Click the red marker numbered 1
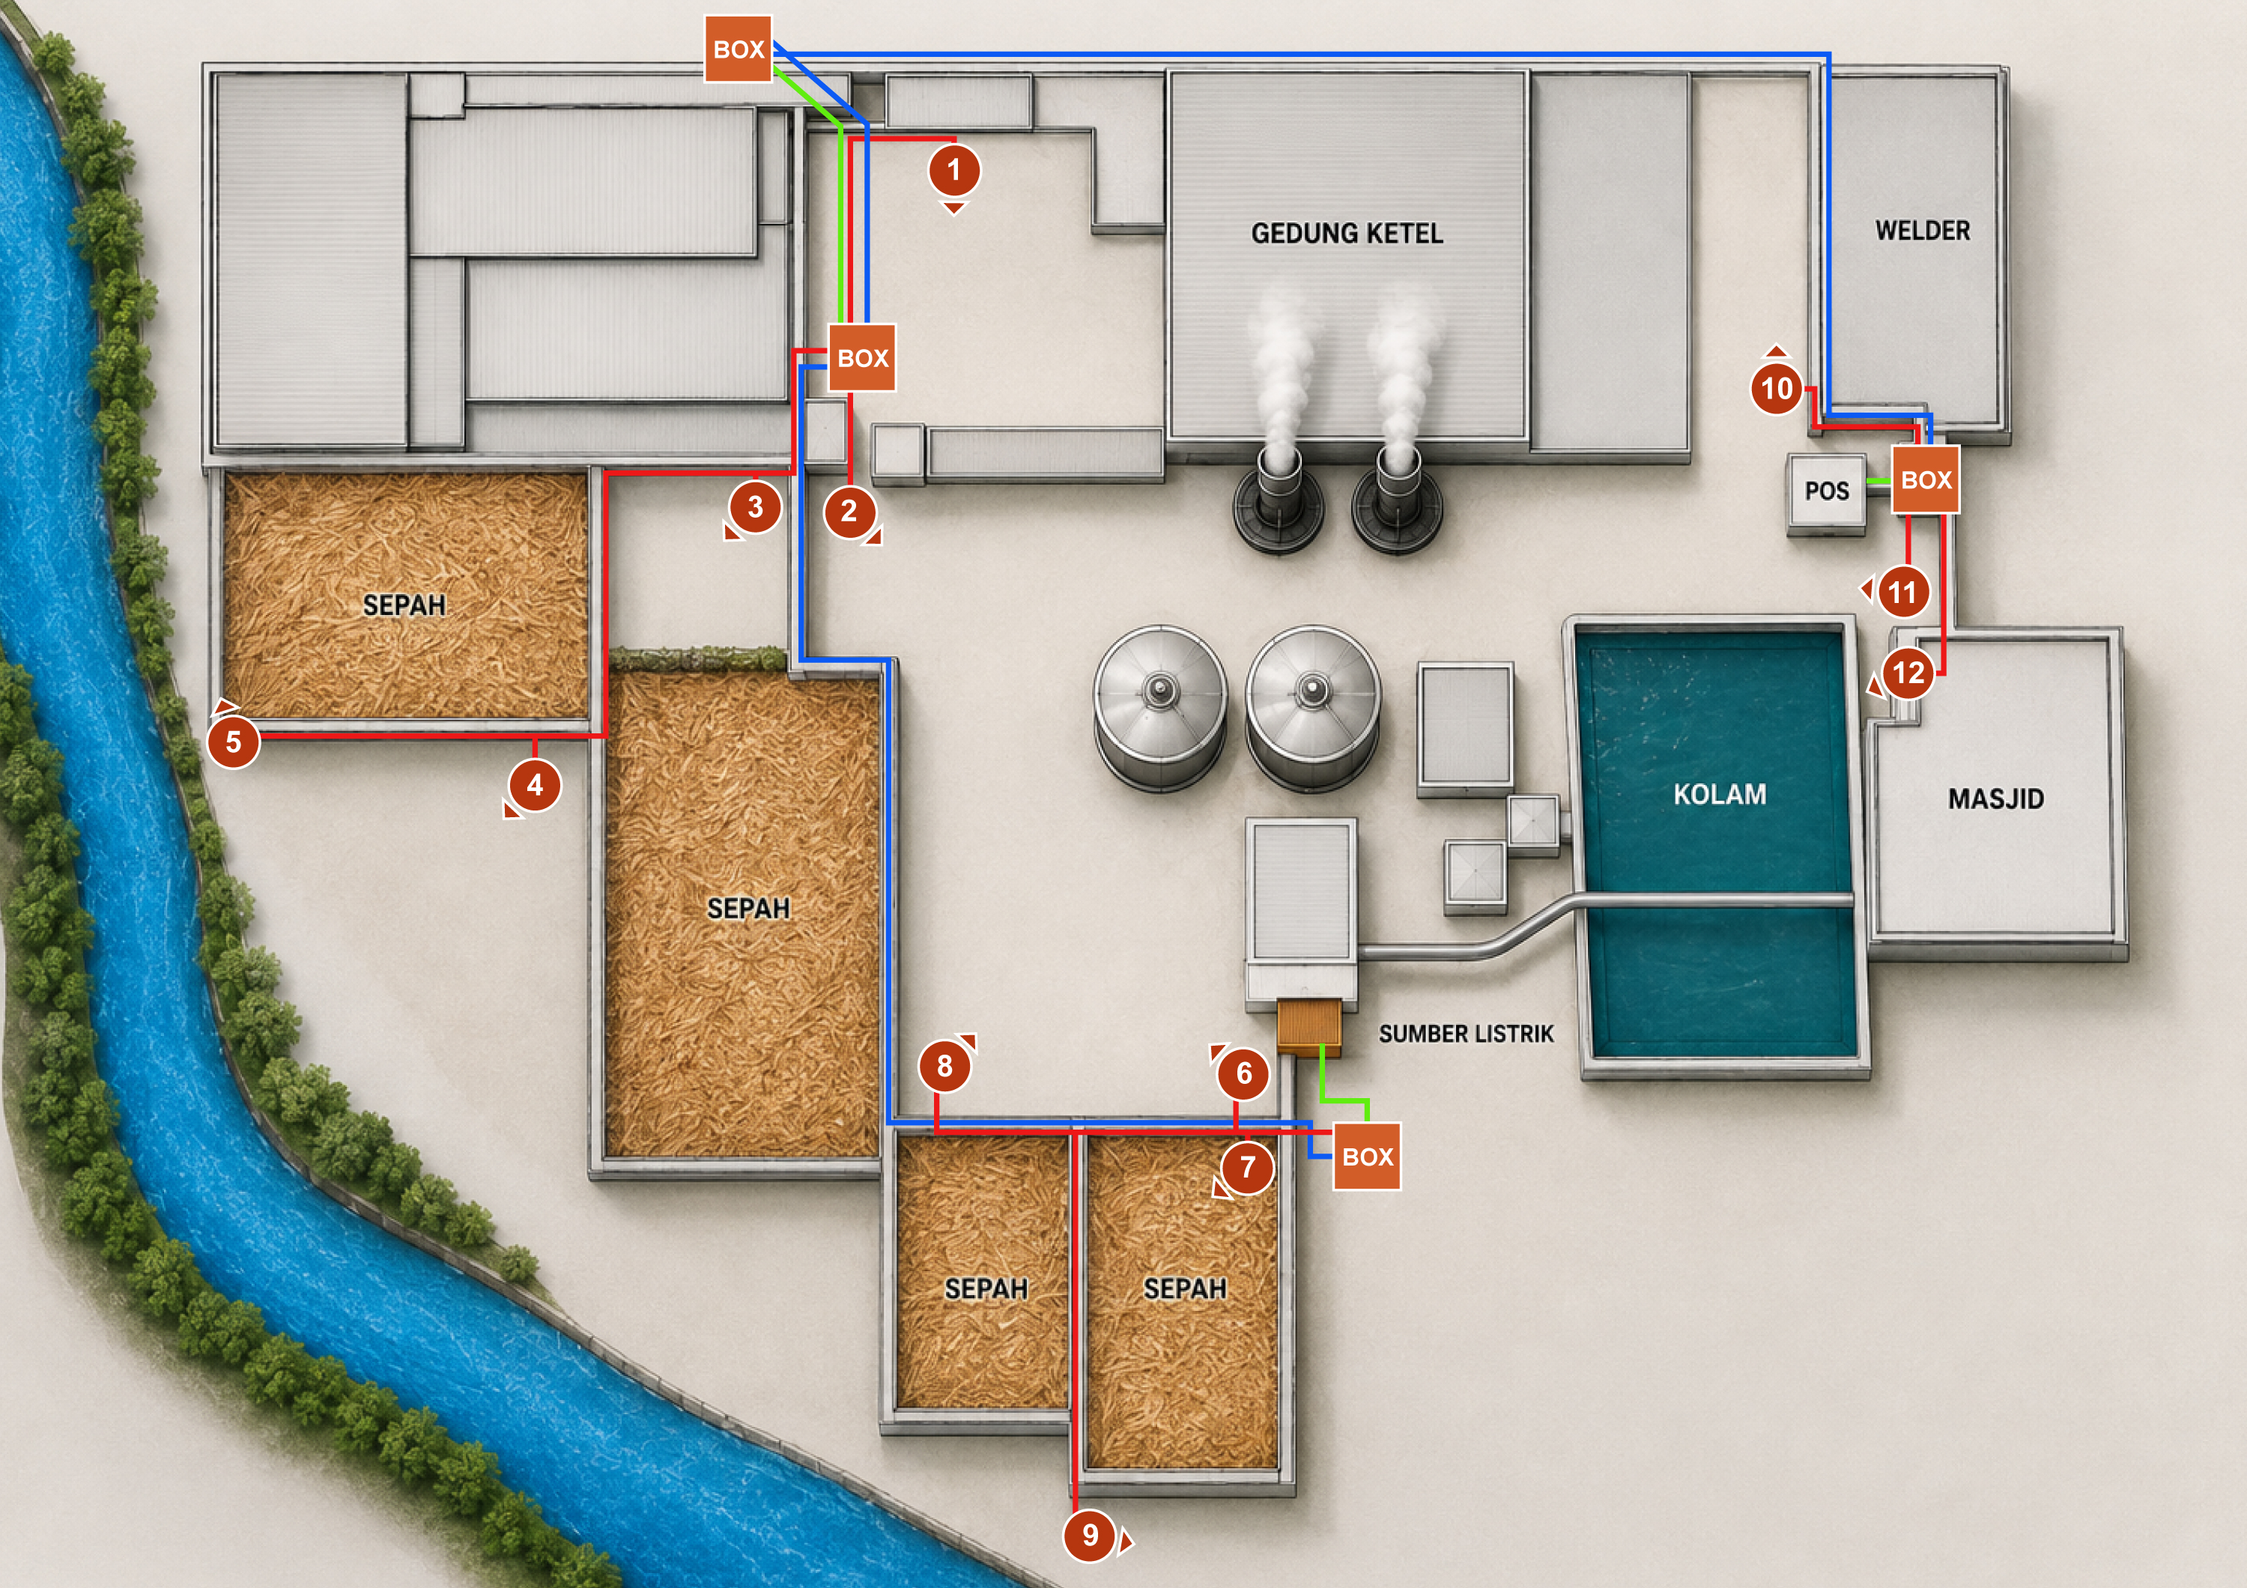pos(954,170)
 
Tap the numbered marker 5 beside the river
pos(233,742)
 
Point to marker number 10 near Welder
pos(1777,389)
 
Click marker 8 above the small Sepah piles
pos(944,1065)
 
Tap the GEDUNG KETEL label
pos(1347,233)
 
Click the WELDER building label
pos(1922,230)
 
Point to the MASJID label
pos(1995,798)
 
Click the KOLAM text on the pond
pos(1720,793)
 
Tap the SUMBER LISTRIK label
pos(1466,1034)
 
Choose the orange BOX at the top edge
pos(738,49)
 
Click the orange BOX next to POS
pos(1926,479)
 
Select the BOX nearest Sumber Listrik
pos(1367,1157)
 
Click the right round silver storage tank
pos(1312,706)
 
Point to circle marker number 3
pos(754,507)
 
